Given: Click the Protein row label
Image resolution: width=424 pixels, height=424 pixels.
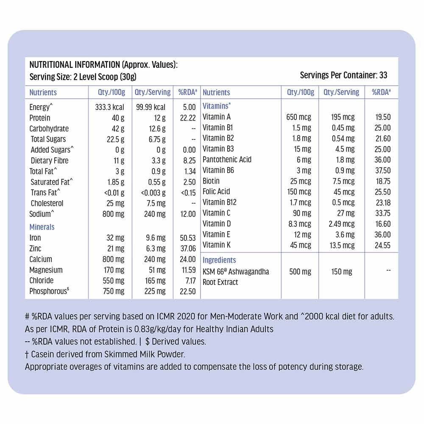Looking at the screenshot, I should click(x=39, y=118).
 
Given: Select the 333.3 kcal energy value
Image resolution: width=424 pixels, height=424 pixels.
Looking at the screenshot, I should click(x=110, y=107).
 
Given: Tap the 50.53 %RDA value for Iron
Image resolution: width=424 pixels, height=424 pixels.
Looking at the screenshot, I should click(x=187, y=238).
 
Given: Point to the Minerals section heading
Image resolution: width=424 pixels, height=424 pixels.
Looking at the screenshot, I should click(x=42, y=227).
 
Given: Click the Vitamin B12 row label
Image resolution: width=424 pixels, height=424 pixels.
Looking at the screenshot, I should click(x=220, y=202).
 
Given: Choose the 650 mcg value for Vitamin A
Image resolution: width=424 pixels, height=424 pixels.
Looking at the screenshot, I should click(x=298, y=117).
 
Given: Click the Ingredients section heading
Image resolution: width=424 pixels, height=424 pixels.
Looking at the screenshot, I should click(x=219, y=260).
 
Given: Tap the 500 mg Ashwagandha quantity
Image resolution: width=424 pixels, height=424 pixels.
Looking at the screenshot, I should click(x=300, y=271).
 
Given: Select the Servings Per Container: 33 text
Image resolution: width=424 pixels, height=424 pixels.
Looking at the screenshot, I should click(x=343, y=75).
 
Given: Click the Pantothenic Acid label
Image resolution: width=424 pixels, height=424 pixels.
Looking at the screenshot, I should click(x=227, y=159).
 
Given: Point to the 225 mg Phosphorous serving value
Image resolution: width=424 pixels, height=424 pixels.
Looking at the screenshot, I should click(x=155, y=291).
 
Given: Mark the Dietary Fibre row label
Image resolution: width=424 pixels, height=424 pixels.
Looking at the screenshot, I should click(x=49, y=161).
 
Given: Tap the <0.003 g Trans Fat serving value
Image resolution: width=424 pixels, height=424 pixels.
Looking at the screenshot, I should click(x=153, y=193).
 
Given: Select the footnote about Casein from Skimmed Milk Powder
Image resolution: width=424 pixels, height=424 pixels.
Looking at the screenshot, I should click(x=105, y=354).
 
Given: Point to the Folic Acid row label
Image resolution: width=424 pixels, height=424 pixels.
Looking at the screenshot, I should click(x=216, y=192).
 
